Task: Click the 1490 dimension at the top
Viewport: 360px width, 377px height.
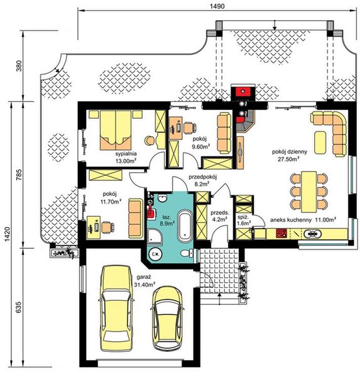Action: point(217,6)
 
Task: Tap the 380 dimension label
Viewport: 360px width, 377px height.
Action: point(19,65)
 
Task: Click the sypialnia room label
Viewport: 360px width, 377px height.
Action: point(126,154)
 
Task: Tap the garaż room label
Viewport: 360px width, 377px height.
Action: point(144,277)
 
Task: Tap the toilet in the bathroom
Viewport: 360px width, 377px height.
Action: point(187,253)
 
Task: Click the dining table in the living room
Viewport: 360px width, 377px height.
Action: point(309,192)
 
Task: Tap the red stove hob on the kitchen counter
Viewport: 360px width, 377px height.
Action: point(281,233)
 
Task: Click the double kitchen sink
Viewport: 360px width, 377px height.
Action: point(312,233)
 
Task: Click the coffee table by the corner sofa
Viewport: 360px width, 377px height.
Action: point(320,143)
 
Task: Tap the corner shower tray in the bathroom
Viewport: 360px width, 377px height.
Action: point(155,236)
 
